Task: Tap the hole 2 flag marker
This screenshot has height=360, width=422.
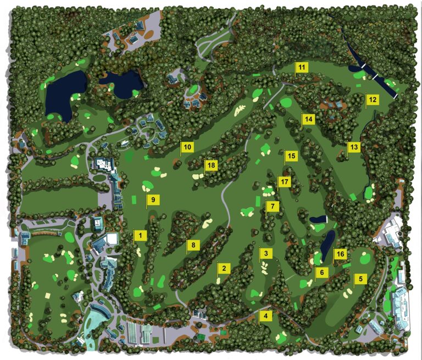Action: [x=224, y=268]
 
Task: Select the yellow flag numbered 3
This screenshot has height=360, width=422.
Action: [x=266, y=253]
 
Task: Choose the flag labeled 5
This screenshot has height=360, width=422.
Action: [x=360, y=279]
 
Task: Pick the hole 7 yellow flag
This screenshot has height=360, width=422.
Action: [x=272, y=207]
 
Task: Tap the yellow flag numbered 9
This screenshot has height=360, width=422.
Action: [x=153, y=200]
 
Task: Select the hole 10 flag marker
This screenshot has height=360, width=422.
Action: [x=187, y=147]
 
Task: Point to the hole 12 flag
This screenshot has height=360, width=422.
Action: [x=373, y=99]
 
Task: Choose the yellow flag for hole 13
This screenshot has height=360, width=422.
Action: [x=353, y=147]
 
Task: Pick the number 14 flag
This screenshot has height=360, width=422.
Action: [x=308, y=119]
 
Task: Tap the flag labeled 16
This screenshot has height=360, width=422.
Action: [x=340, y=253]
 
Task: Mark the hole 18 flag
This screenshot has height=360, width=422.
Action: [x=211, y=165]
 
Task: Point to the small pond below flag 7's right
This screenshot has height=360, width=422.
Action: [x=318, y=219]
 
